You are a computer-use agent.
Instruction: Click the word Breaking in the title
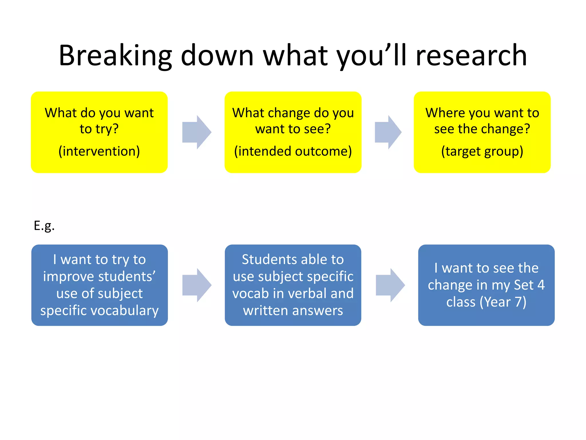click(x=115, y=56)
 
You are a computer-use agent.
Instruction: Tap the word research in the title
click(x=471, y=56)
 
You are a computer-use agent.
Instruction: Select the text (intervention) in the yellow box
click(x=99, y=151)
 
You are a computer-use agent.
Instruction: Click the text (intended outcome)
click(x=293, y=151)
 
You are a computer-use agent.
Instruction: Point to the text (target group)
click(x=482, y=151)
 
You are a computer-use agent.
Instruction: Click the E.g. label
click(x=44, y=226)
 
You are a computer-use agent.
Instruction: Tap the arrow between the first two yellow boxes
click(x=197, y=132)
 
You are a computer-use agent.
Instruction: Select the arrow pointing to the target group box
click(x=388, y=132)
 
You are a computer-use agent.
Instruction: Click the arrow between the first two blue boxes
click(x=197, y=285)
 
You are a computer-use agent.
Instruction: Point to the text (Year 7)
click(x=503, y=302)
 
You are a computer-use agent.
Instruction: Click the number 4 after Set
click(x=541, y=285)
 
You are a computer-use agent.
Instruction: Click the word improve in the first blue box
click(x=68, y=277)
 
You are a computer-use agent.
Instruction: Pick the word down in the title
click(x=217, y=56)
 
